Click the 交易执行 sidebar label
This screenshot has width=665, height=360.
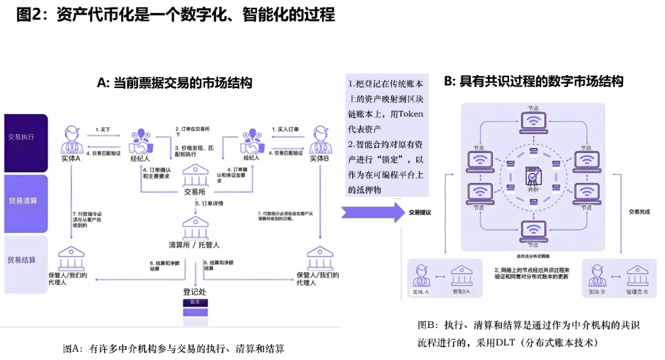(22, 137)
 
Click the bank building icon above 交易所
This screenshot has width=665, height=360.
(196, 175)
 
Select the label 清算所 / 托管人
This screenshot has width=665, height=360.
(194, 245)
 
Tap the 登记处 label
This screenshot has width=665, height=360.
(194, 291)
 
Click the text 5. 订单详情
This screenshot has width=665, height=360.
(209, 203)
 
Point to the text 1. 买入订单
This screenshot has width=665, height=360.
(285, 129)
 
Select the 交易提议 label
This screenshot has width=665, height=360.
(420, 212)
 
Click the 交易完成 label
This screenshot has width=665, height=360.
(639, 212)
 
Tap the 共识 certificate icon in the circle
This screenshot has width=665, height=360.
(533, 177)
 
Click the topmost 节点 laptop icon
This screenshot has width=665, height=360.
(533, 122)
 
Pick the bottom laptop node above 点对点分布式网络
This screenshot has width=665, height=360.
(533, 231)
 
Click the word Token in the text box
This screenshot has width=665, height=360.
(411, 114)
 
